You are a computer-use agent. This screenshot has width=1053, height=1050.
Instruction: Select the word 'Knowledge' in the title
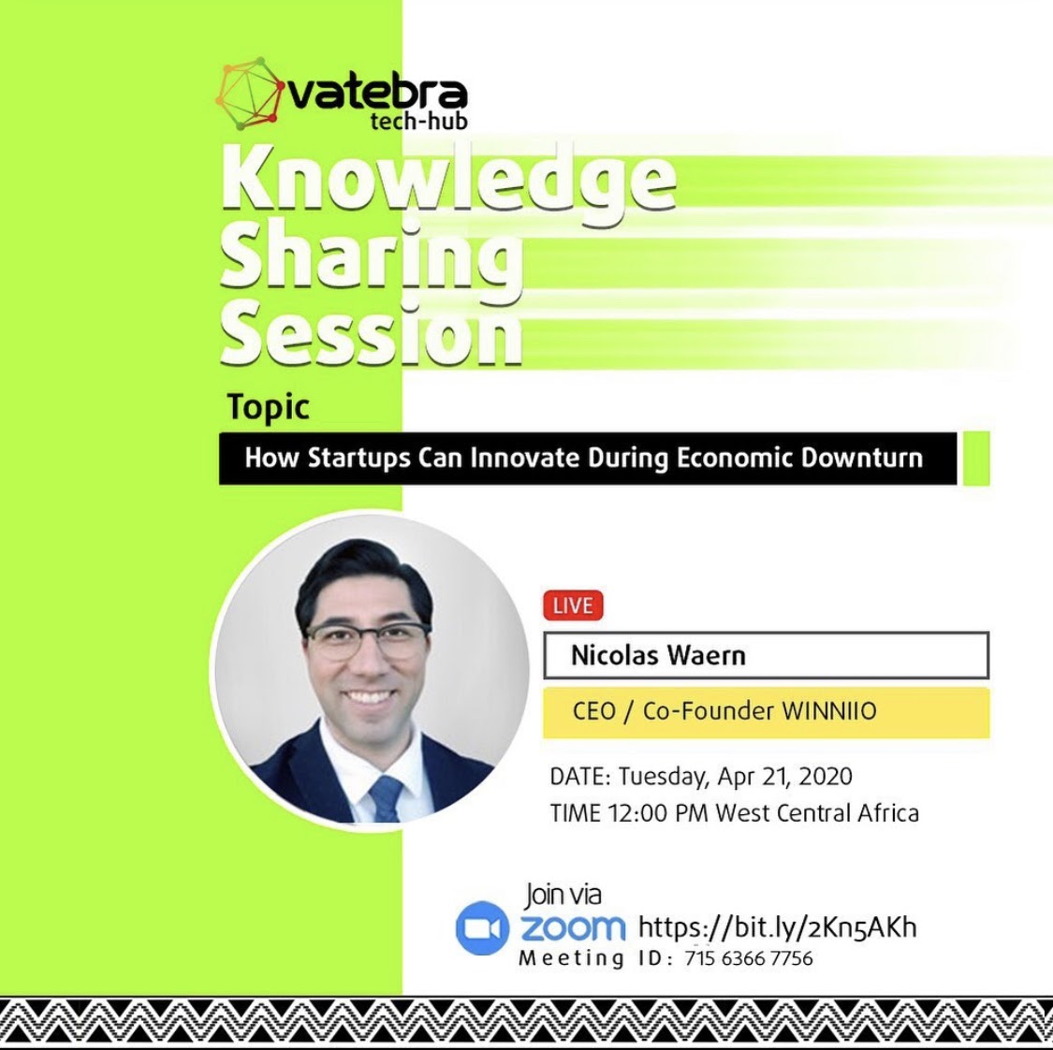[448, 181]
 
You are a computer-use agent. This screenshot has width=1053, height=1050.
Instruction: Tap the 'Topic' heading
[268, 407]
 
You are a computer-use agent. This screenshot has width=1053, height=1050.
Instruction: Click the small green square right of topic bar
[975, 458]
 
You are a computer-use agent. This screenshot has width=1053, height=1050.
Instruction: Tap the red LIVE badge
[573, 605]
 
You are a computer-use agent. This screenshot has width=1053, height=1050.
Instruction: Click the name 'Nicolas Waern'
[658, 655]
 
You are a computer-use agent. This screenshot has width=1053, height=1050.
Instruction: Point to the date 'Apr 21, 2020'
[785, 776]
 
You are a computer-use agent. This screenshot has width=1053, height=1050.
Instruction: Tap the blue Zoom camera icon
[481, 927]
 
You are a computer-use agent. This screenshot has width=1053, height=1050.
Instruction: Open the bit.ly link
[777, 927]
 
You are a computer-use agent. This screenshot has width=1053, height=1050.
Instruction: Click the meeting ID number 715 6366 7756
[749, 958]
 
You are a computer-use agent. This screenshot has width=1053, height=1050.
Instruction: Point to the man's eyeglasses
[367, 641]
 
